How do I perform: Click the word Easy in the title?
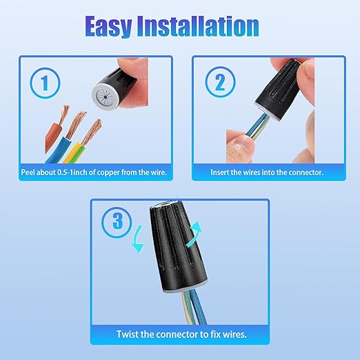tap(108, 26)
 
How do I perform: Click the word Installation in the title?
tap(198, 26)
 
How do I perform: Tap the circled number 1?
tap(45, 83)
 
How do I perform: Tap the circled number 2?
tap(220, 82)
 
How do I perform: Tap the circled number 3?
tap(117, 222)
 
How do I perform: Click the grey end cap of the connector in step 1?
tap(106, 96)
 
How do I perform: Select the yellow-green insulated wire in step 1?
tap(74, 152)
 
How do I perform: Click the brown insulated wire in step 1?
tap(52, 137)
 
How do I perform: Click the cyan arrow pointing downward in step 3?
tap(138, 239)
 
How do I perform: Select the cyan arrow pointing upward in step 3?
tap(194, 234)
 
